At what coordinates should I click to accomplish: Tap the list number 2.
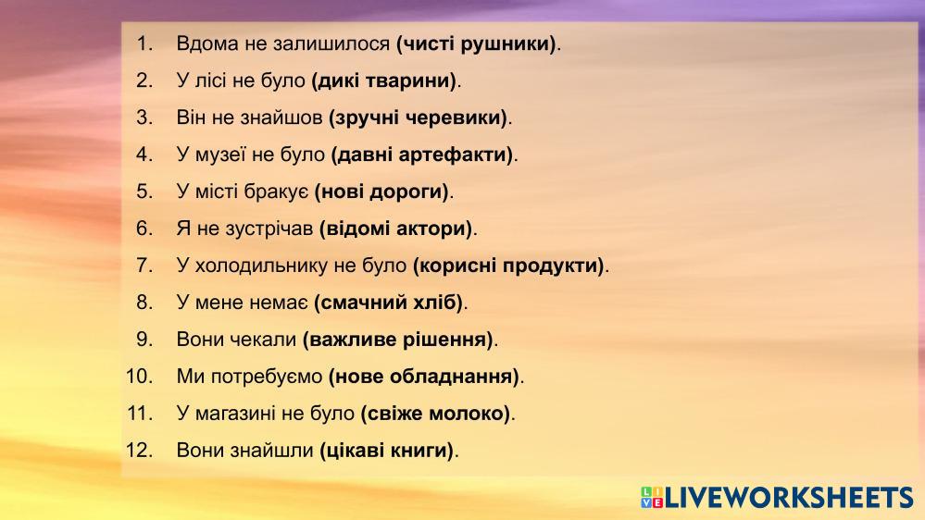coord(144,80)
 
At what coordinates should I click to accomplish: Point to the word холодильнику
coord(261,266)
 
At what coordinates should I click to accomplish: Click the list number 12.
coord(139,451)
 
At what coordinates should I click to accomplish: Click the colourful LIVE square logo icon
coord(652,498)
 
